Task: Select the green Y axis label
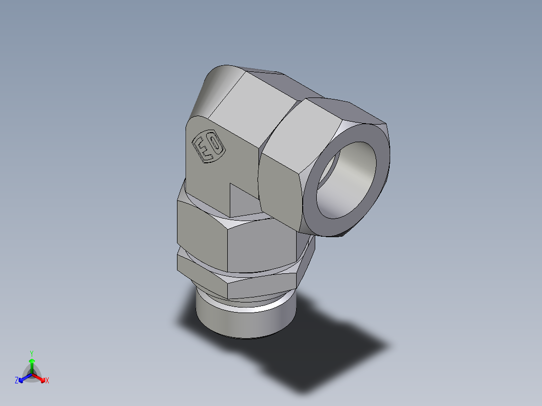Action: pos(31,353)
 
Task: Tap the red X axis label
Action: pos(47,381)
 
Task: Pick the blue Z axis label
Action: pos(16,381)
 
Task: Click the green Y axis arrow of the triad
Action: pos(32,365)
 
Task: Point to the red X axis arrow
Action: pos(40,378)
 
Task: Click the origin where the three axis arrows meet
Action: pos(32,374)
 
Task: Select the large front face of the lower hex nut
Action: pos(259,246)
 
